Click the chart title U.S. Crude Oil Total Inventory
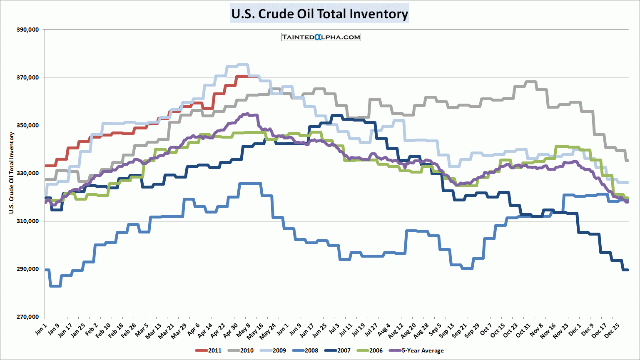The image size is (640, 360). click(319, 14)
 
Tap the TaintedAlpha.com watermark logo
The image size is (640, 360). click(321, 37)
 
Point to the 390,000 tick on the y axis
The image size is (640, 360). click(27, 30)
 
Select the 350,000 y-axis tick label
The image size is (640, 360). click(27, 125)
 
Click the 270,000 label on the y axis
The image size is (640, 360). click(27, 317)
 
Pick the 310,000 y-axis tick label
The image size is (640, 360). click(27, 221)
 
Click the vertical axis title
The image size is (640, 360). click(12, 173)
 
